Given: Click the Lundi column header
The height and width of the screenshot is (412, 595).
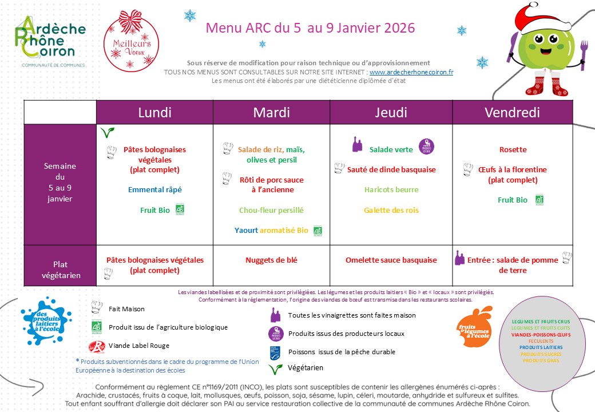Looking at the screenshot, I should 154,113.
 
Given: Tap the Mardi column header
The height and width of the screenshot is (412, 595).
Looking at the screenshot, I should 271,113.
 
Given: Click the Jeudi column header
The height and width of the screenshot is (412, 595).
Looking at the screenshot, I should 391,113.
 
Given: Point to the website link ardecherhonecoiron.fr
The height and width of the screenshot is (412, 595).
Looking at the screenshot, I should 411,72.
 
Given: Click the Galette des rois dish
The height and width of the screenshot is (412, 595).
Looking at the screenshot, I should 391,210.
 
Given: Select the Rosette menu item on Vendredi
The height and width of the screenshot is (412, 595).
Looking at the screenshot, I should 513,150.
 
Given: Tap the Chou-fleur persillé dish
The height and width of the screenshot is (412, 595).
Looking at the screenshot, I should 271,210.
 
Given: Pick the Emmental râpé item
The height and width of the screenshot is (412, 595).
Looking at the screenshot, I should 154,189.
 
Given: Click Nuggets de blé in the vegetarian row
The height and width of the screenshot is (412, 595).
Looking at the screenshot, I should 271,260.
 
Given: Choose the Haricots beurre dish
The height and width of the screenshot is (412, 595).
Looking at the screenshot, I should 391,189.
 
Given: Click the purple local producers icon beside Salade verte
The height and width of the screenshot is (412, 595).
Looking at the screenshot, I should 425,146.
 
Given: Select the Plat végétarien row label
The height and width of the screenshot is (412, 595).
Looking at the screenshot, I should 60,270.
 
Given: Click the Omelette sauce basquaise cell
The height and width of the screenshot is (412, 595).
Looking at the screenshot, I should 391,260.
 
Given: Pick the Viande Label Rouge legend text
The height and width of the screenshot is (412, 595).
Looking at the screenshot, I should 139,346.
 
